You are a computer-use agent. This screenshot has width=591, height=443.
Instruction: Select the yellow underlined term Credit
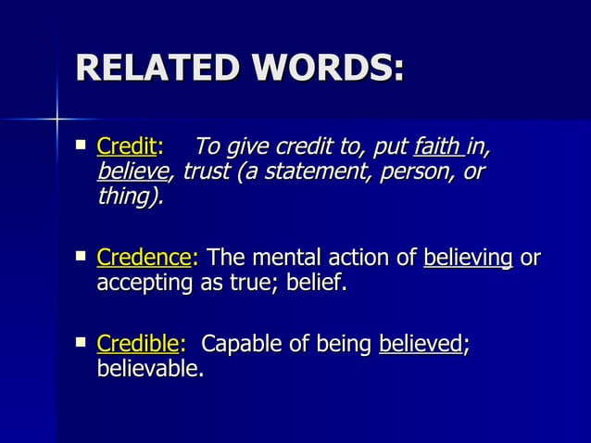[127, 146]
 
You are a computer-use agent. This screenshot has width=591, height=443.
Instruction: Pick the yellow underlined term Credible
[137, 345]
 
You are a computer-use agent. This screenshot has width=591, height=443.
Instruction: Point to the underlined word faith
[438, 146]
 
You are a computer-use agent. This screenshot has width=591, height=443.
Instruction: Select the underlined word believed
[420, 345]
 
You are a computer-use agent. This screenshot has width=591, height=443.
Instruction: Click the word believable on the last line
[150, 369]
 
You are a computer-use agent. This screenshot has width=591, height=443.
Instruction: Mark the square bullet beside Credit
[82, 145]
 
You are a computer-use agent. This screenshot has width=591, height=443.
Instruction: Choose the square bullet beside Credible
[82, 343]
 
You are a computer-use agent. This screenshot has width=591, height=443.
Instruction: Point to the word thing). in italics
[131, 196]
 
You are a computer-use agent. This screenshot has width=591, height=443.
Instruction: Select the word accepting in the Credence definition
[144, 283]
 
